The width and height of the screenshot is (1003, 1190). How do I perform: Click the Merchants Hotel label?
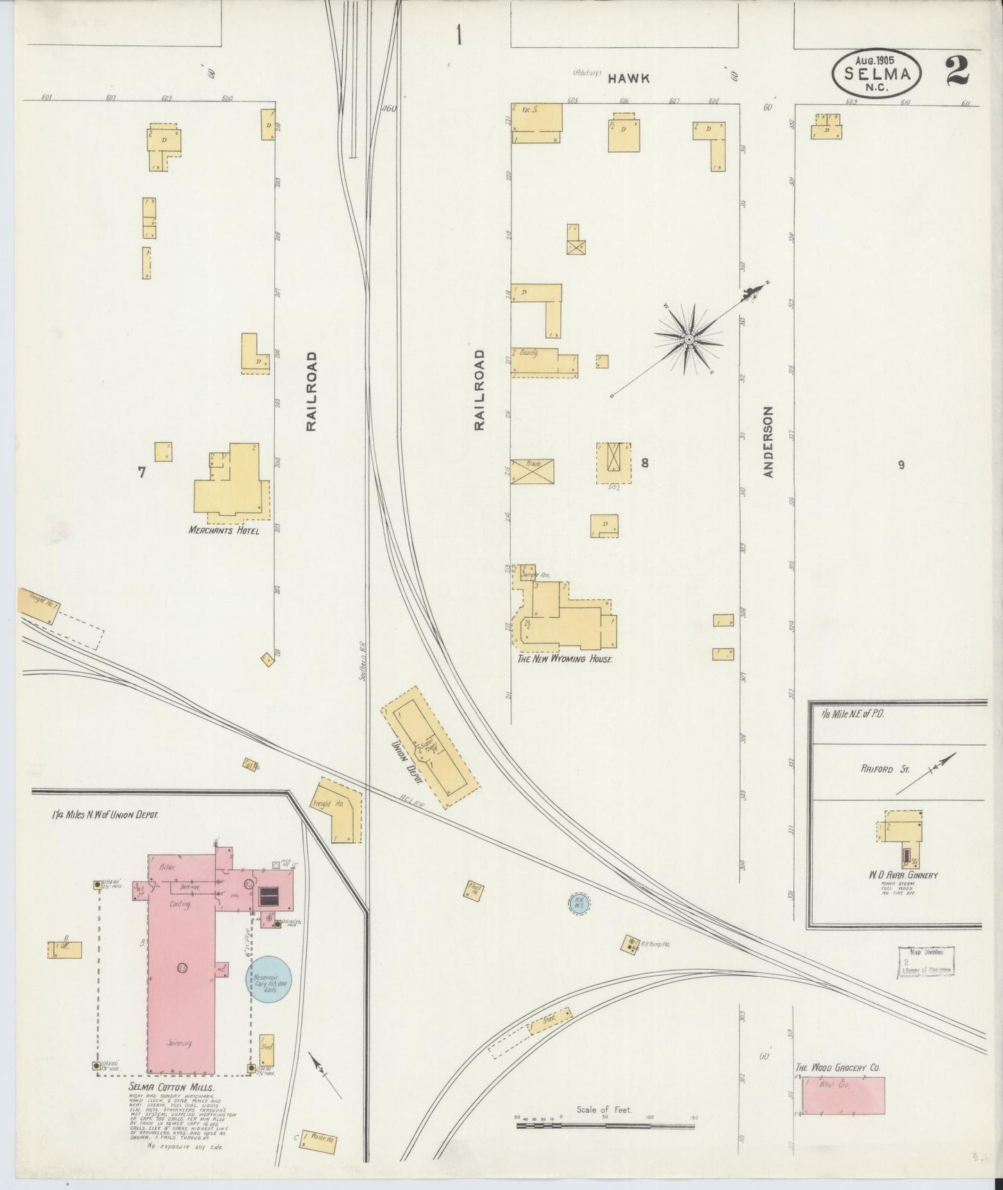224,531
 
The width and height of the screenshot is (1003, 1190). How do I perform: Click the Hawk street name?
628,78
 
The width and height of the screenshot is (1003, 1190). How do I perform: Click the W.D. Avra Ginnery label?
902,875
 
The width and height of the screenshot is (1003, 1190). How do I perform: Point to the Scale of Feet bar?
604,1123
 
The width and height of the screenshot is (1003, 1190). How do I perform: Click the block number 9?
901,465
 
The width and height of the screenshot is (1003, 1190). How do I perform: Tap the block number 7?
142,472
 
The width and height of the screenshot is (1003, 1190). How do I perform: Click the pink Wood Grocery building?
843,1097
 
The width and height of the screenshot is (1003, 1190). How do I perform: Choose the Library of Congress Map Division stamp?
926,963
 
